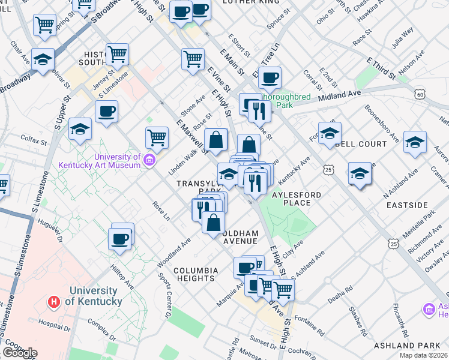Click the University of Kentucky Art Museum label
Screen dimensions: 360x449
(100, 160)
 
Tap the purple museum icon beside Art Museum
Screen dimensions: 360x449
(149, 160)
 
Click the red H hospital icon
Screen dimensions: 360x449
(55, 301)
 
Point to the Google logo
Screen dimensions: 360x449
(20, 353)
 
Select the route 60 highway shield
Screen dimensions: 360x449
(420, 94)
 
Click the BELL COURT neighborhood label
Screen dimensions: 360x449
(363, 145)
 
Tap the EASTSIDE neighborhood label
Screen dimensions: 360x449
(407, 205)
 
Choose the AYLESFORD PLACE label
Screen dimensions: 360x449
(296, 199)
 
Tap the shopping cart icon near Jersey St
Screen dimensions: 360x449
(118, 54)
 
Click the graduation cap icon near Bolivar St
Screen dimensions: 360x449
(43, 59)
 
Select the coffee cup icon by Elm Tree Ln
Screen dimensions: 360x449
(270, 77)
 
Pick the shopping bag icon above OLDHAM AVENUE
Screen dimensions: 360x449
(213, 222)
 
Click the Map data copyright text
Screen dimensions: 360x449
(424, 355)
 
